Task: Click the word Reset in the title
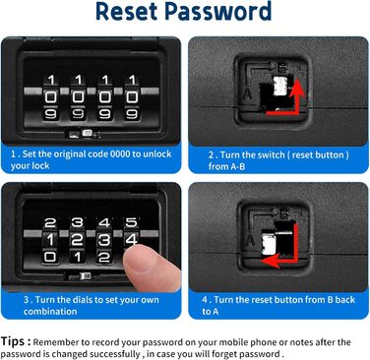pos(127,12)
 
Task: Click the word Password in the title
pos(217,12)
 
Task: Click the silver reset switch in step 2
pos(279,86)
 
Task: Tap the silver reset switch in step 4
pos(269,244)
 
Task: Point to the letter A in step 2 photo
pos(247,93)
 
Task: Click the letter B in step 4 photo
pos(285,214)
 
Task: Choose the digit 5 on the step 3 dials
pos(131,222)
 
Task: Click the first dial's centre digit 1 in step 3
pos(50,240)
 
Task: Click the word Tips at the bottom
pos(13,341)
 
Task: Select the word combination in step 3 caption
pos(50,311)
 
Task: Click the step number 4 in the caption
pos(205,300)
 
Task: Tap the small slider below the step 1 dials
pos(87,133)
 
